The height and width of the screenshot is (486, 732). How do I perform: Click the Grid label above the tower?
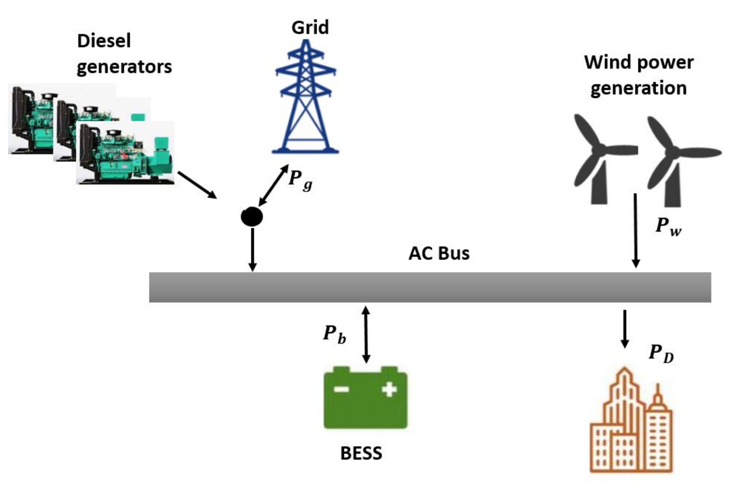tap(310, 27)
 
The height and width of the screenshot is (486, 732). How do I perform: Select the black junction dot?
tap(252, 216)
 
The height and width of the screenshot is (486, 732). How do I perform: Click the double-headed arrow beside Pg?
tap(273, 185)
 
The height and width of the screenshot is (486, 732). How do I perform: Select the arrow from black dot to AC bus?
tap(253, 249)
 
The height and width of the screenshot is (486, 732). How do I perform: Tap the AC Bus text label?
tap(439, 254)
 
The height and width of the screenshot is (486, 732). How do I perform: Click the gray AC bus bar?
tap(430, 287)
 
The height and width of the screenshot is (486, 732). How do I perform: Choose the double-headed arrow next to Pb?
tap(366, 335)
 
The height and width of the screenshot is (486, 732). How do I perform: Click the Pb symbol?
tap(335, 335)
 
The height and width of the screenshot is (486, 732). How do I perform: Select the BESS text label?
tap(361, 453)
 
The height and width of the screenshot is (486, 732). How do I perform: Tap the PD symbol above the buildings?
tap(661, 354)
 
